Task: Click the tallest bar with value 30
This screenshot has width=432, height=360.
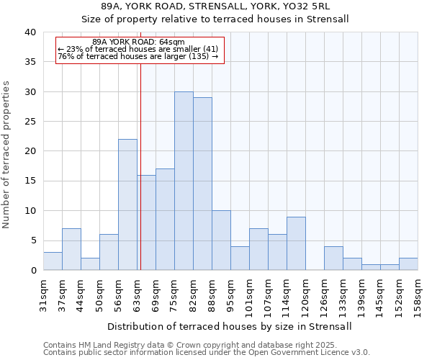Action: click(x=184, y=181)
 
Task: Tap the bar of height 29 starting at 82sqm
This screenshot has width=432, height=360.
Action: click(x=202, y=184)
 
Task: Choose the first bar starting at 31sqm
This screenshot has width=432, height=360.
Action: click(x=53, y=261)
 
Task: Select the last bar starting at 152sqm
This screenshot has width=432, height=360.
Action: click(x=408, y=264)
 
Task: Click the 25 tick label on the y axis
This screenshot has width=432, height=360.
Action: click(x=31, y=122)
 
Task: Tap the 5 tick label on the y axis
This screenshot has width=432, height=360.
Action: click(x=33, y=240)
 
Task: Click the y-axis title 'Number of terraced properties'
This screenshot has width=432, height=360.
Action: click(x=8, y=155)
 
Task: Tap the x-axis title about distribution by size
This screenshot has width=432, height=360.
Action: click(x=230, y=326)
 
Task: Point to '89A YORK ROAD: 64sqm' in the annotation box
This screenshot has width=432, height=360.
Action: click(x=139, y=42)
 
